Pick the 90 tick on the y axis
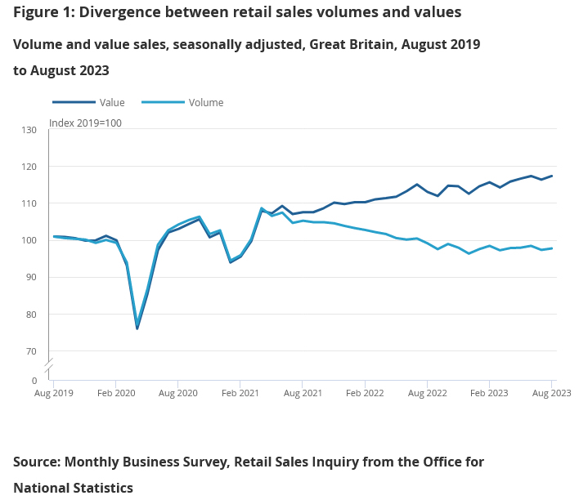tap(31, 277)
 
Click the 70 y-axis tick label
tap(31, 351)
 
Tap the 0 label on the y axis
tap(34, 381)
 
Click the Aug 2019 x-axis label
tap(54, 393)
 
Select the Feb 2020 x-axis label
tap(115, 393)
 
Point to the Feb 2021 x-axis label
tap(240, 393)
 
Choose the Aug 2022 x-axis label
tap(427, 393)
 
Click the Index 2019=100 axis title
tap(86, 123)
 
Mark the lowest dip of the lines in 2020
tap(137, 328)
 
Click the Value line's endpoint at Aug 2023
tap(552, 176)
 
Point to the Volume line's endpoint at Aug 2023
tap(552, 248)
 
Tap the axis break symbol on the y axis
tap(49, 362)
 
